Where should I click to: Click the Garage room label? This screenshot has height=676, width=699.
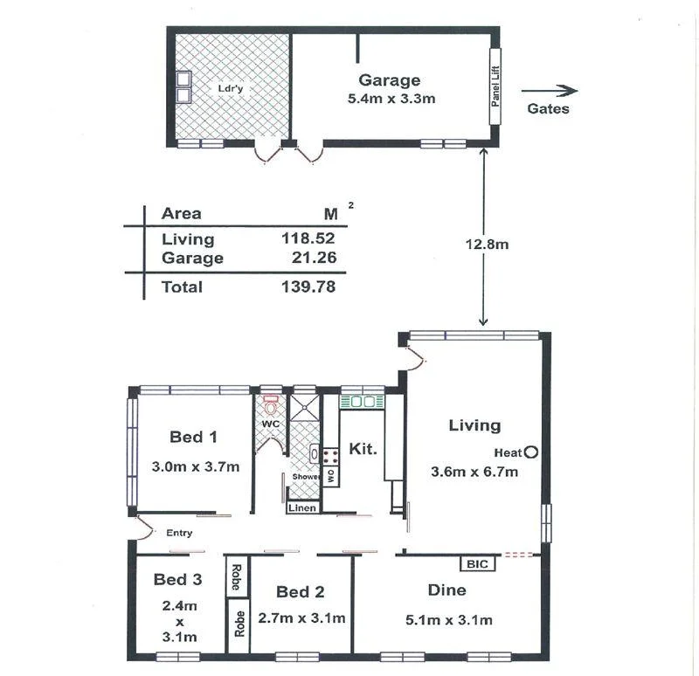(x=390, y=80)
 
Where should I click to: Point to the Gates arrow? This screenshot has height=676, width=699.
(x=550, y=90)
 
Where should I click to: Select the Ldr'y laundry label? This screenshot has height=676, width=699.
(x=230, y=88)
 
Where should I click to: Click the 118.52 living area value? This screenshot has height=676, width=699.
(x=308, y=238)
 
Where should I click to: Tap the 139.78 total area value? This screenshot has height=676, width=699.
(x=308, y=286)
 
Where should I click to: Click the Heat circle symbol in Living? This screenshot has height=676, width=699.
(x=529, y=452)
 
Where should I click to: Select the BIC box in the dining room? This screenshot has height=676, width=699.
(x=478, y=564)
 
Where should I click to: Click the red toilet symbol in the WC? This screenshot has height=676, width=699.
(x=270, y=406)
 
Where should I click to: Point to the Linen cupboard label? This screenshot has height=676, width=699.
(x=302, y=507)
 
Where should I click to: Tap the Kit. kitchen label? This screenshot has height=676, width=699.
(x=363, y=449)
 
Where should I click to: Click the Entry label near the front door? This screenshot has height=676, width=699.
(x=178, y=533)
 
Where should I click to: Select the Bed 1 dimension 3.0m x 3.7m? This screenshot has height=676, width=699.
(x=195, y=466)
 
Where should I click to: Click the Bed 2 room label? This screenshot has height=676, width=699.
(x=298, y=592)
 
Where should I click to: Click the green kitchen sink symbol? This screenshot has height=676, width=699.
(x=362, y=402)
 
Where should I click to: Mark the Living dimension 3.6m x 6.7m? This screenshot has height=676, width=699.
(x=474, y=473)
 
